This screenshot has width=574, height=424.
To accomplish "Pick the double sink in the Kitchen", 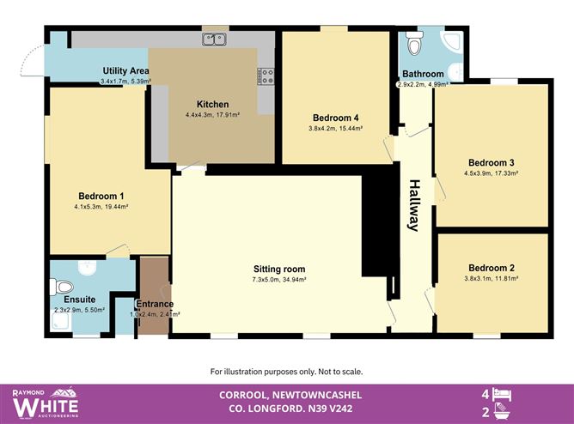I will [x=214, y=39].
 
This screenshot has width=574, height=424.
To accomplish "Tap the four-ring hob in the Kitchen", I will [x=266, y=76].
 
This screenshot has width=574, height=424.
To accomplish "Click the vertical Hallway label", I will [x=413, y=205].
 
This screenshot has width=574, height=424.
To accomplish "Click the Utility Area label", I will [x=125, y=70].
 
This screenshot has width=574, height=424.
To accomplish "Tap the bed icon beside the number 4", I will [x=506, y=394].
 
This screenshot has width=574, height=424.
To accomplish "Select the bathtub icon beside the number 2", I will [x=506, y=412].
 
